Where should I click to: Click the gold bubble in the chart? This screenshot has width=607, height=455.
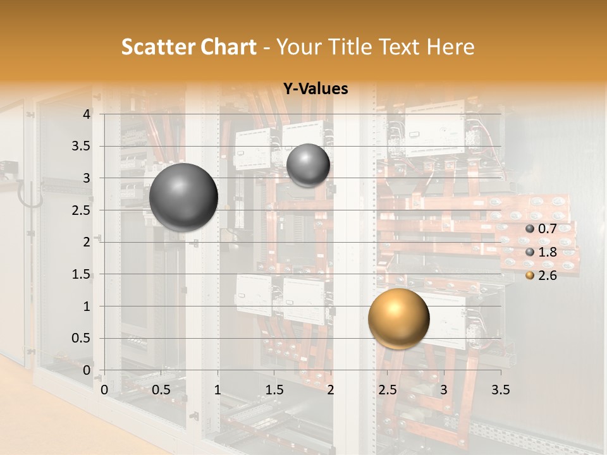(398, 318)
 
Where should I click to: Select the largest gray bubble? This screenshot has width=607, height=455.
(184, 197)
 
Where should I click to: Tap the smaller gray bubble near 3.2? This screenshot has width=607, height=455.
(308, 165)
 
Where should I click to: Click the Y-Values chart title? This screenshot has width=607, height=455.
(316, 89)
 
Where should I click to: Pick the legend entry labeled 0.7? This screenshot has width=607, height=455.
(547, 229)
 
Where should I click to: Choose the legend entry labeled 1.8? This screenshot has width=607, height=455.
(547, 252)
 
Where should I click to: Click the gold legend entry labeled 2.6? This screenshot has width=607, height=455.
(547, 276)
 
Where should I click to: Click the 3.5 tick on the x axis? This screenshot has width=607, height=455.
(500, 390)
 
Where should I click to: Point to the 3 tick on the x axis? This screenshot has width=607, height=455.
(444, 390)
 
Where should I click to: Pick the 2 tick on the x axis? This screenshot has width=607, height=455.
(331, 390)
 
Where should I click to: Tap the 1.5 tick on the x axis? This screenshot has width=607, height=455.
(274, 390)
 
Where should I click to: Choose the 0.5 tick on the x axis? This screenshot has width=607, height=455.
(161, 390)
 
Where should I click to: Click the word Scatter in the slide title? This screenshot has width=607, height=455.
(157, 47)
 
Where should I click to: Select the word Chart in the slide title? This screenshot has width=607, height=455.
(228, 47)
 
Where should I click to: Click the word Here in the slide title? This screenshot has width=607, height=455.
(450, 47)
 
